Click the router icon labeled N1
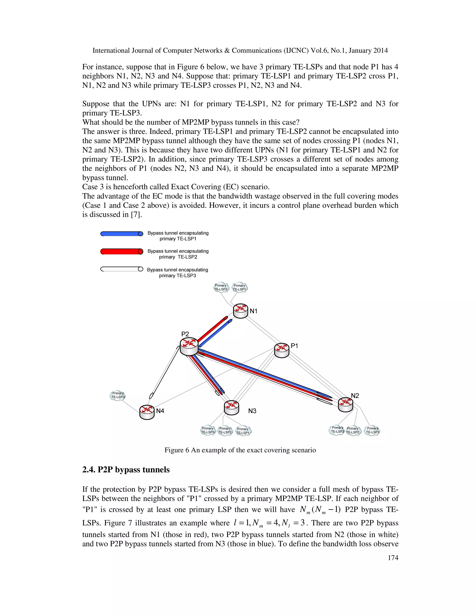[x=241, y=311]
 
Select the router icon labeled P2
[x=189, y=346]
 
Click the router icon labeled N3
[x=231, y=408]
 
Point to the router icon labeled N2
[x=345, y=405]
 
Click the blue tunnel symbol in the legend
[x=122, y=234]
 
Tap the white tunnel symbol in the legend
[x=122, y=269]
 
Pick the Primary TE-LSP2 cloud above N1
[x=221, y=287]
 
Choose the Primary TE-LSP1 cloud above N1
[x=239, y=288]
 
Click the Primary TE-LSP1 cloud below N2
[x=372, y=430]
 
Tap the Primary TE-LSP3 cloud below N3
[x=208, y=430]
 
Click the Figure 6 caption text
[x=240, y=450]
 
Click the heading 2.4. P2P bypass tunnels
[x=126, y=470]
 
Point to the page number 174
[x=393, y=557]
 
